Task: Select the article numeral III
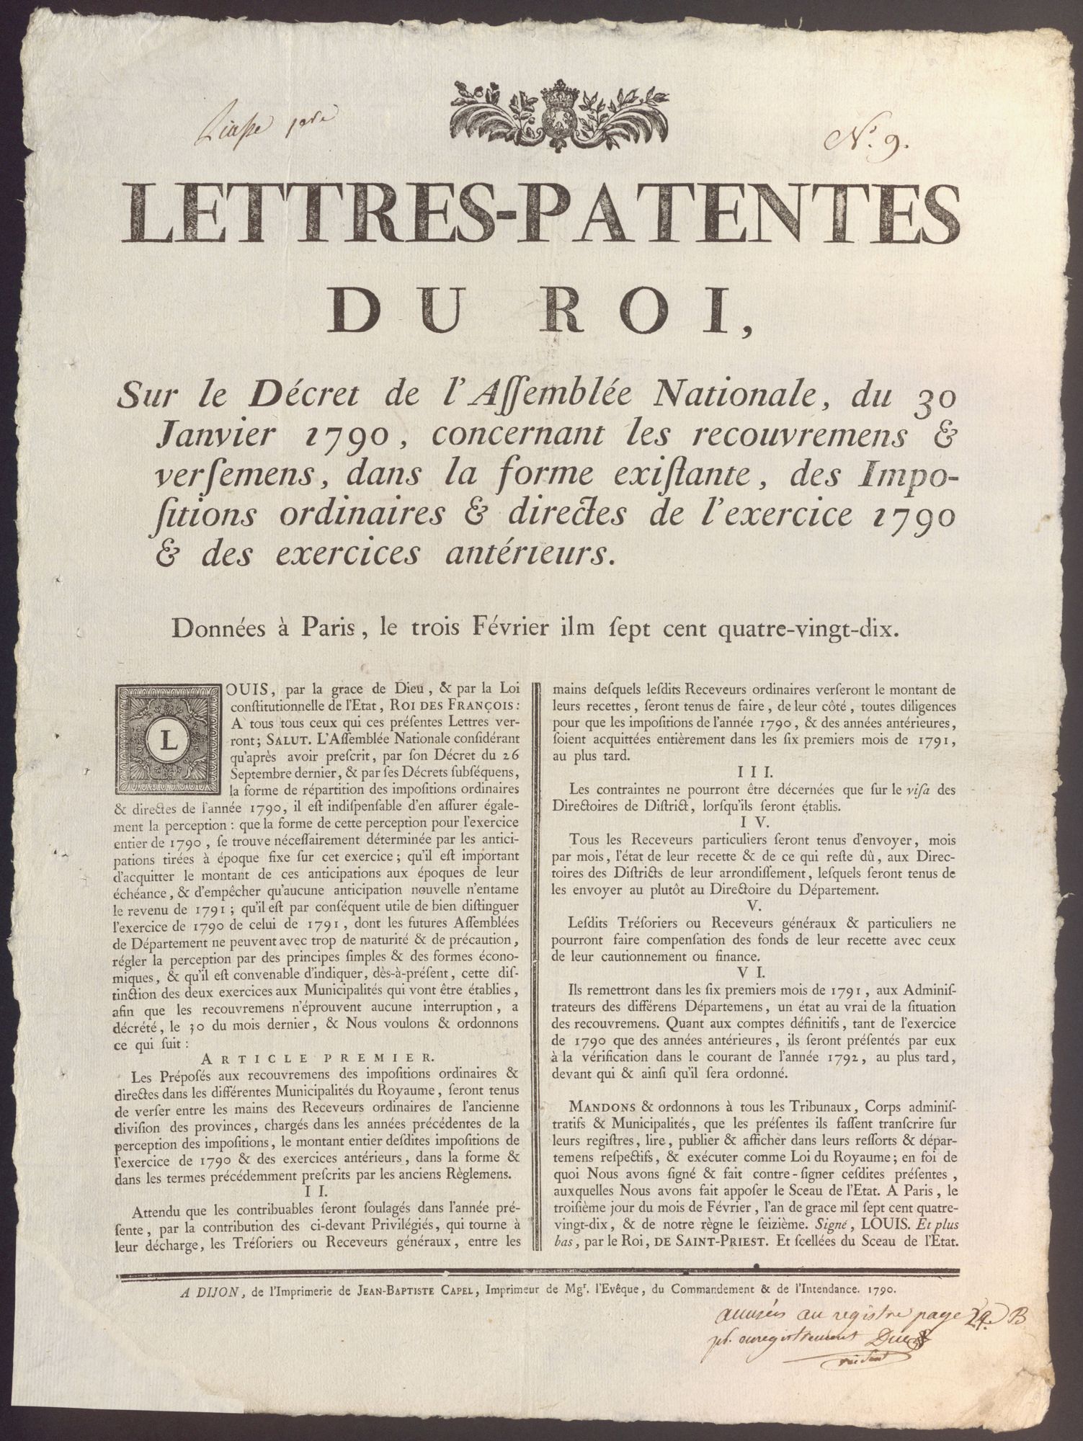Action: [752, 772]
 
